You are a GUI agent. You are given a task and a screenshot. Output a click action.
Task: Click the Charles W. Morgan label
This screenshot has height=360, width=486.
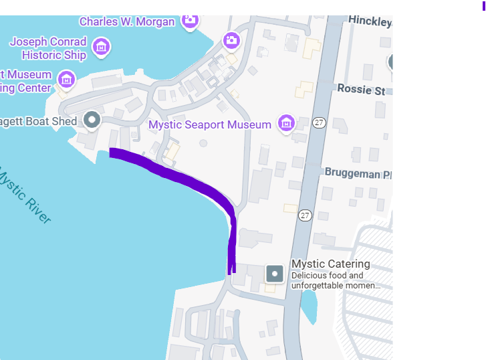coord(127,21)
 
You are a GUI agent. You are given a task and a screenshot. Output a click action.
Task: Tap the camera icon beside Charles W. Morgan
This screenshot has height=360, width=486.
coord(191,21)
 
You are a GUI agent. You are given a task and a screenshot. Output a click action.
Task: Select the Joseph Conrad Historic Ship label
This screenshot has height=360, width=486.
coord(48,48)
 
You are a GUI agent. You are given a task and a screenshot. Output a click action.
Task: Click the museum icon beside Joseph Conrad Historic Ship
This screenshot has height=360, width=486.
coord(101,47)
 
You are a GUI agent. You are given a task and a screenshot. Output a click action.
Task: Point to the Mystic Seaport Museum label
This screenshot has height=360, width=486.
coord(210,124)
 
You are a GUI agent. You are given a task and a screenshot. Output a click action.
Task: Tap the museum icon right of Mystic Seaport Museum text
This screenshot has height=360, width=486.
coord(286,122)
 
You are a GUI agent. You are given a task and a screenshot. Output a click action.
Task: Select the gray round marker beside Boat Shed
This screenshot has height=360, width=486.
coord(92,120)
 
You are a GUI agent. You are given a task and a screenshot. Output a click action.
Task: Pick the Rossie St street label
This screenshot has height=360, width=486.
coord(361,89)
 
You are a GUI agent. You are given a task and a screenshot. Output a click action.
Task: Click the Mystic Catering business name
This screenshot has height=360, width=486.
coord(330,264)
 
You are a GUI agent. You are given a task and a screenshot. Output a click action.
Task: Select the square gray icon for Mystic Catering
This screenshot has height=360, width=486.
coord(275,273)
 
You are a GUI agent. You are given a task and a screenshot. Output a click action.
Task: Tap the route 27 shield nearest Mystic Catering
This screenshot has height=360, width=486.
coord(306,215)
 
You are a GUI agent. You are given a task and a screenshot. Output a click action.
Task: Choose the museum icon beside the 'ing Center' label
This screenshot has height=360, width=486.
coord(66,79)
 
